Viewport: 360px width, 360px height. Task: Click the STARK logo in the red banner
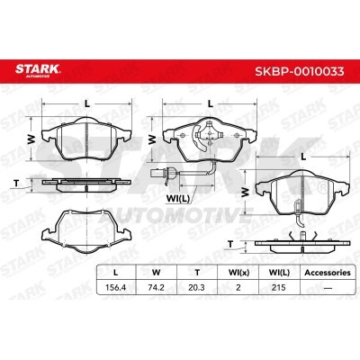tap(38, 69)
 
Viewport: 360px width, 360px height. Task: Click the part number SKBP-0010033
tap(300, 71)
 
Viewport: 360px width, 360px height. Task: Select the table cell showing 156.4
tap(116, 287)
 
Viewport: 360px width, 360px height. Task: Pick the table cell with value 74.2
tap(157, 287)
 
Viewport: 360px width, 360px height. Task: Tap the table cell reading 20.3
tap(197, 287)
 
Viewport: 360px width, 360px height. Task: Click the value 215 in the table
tap(279, 287)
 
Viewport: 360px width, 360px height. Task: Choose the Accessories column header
tap(328, 273)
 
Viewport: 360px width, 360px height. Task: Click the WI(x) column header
tap(238, 273)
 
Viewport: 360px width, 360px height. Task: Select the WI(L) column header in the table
tap(279, 273)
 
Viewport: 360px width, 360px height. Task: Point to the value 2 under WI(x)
tap(238, 287)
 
